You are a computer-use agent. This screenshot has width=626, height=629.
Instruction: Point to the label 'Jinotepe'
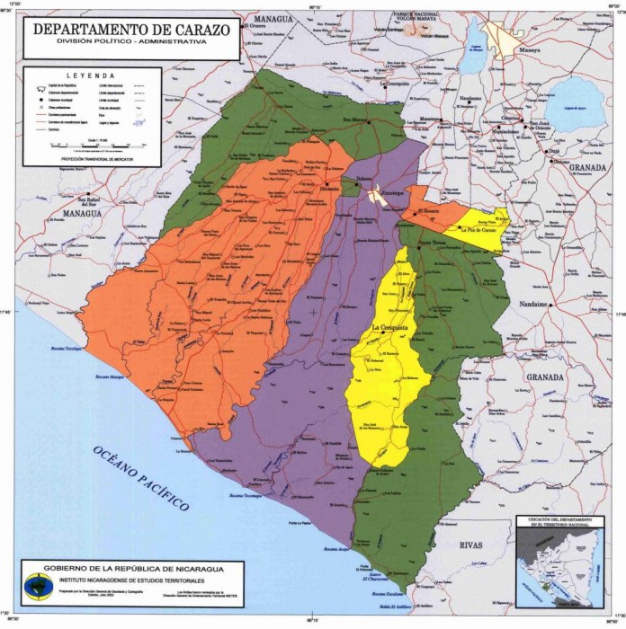pos(384,192)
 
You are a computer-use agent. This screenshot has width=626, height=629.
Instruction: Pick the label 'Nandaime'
pos(533,304)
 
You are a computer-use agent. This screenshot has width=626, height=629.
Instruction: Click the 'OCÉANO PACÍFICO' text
pos(141,477)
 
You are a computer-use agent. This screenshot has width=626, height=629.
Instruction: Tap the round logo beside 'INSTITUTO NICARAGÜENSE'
pos(39,585)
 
